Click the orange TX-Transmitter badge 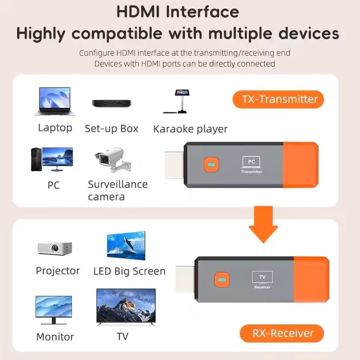point(278,99)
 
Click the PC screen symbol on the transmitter point(251,162)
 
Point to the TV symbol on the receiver point(262,277)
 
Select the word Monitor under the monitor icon point(55,337)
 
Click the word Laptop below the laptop point(55,128)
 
